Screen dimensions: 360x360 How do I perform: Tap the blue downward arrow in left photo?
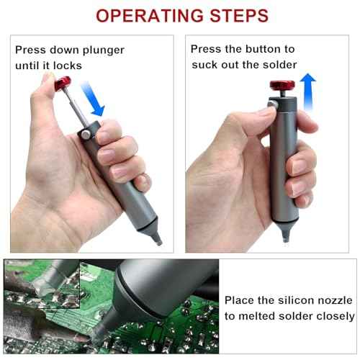(94, 99)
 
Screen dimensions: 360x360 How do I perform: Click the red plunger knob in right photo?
(278, 89)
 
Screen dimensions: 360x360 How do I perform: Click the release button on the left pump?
(86, 135)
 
